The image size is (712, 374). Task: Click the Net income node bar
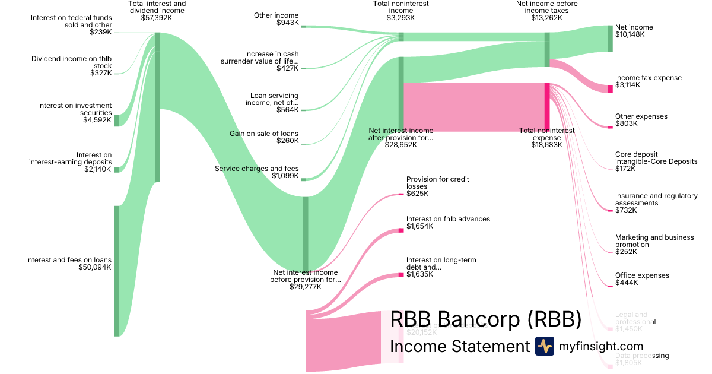(x=609, y=39)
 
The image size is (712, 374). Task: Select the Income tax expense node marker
(x=609, y=89)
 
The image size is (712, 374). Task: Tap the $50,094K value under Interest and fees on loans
(x=95, y=267)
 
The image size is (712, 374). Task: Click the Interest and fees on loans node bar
(x=117, y=271)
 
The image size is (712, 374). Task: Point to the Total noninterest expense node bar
(x=547, y=107)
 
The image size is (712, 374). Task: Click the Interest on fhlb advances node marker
(x=401, y=230)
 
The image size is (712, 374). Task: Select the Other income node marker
(x=303, y=26)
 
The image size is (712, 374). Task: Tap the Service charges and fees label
(x=256, y=169)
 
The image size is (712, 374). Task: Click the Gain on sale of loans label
(x=264, y=134)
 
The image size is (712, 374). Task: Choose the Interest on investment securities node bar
(x=117, y=121)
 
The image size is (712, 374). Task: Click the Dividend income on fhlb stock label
(x=72, y=62)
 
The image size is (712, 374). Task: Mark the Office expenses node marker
(x=610, y=286)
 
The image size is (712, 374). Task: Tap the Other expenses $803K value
(x=626, y=123)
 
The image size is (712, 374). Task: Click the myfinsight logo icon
(x=544, y=346)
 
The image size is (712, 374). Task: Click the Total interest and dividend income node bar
(x=157, y=107)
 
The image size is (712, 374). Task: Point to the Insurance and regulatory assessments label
(x=656, y=199)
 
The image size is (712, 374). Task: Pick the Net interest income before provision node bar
(x=306, y=233)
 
